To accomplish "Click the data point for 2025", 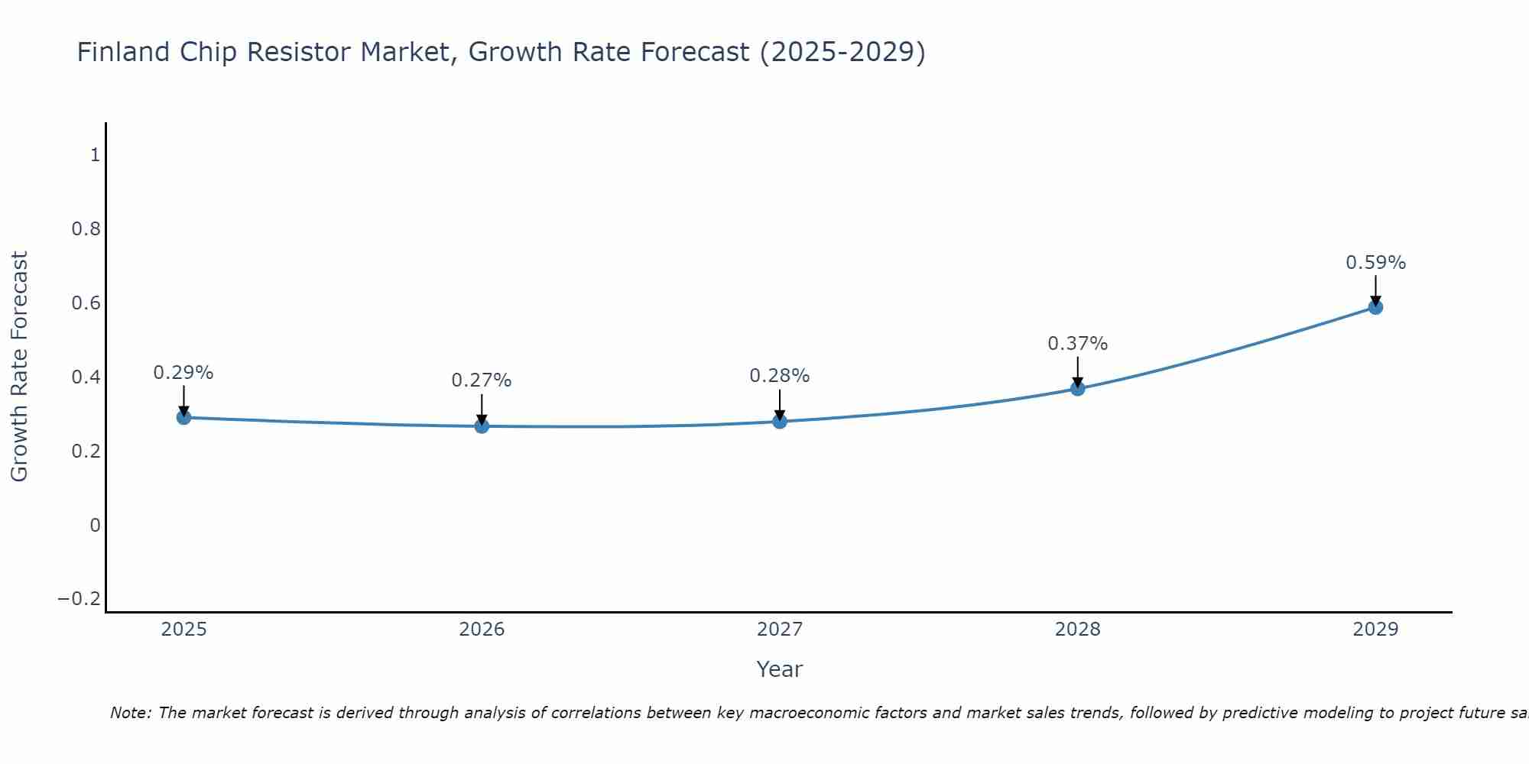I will (183, 417).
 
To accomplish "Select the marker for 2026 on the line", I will (482, 426).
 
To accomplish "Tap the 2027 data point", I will (780, 421).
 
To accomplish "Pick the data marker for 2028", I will (1077, 388).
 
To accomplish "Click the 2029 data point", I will (1375, 307).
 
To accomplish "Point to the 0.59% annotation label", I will (1375, 263).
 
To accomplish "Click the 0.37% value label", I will (1077, 344).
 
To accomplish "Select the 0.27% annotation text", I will (482, 380).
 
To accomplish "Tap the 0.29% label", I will (183, 373).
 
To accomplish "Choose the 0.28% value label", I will (780, 376).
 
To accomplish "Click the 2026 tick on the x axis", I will (482, 630).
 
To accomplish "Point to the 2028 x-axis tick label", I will (1077, 630).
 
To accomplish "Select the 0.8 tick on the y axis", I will (86, 229).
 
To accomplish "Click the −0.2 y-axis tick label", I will (79, 598).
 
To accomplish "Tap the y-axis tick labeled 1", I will (95, 155).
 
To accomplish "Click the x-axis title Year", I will (779, 669).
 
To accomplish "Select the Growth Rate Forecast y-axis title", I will (19, 367).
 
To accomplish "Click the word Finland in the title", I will (123, 52).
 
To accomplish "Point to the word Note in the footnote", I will (130, 713).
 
